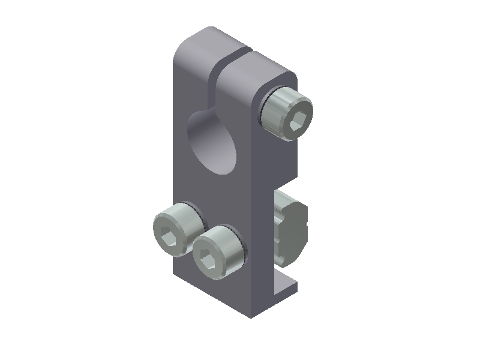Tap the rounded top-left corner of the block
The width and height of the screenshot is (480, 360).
(x=180, y=51)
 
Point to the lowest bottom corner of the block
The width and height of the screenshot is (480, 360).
(x=251, y=316)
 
